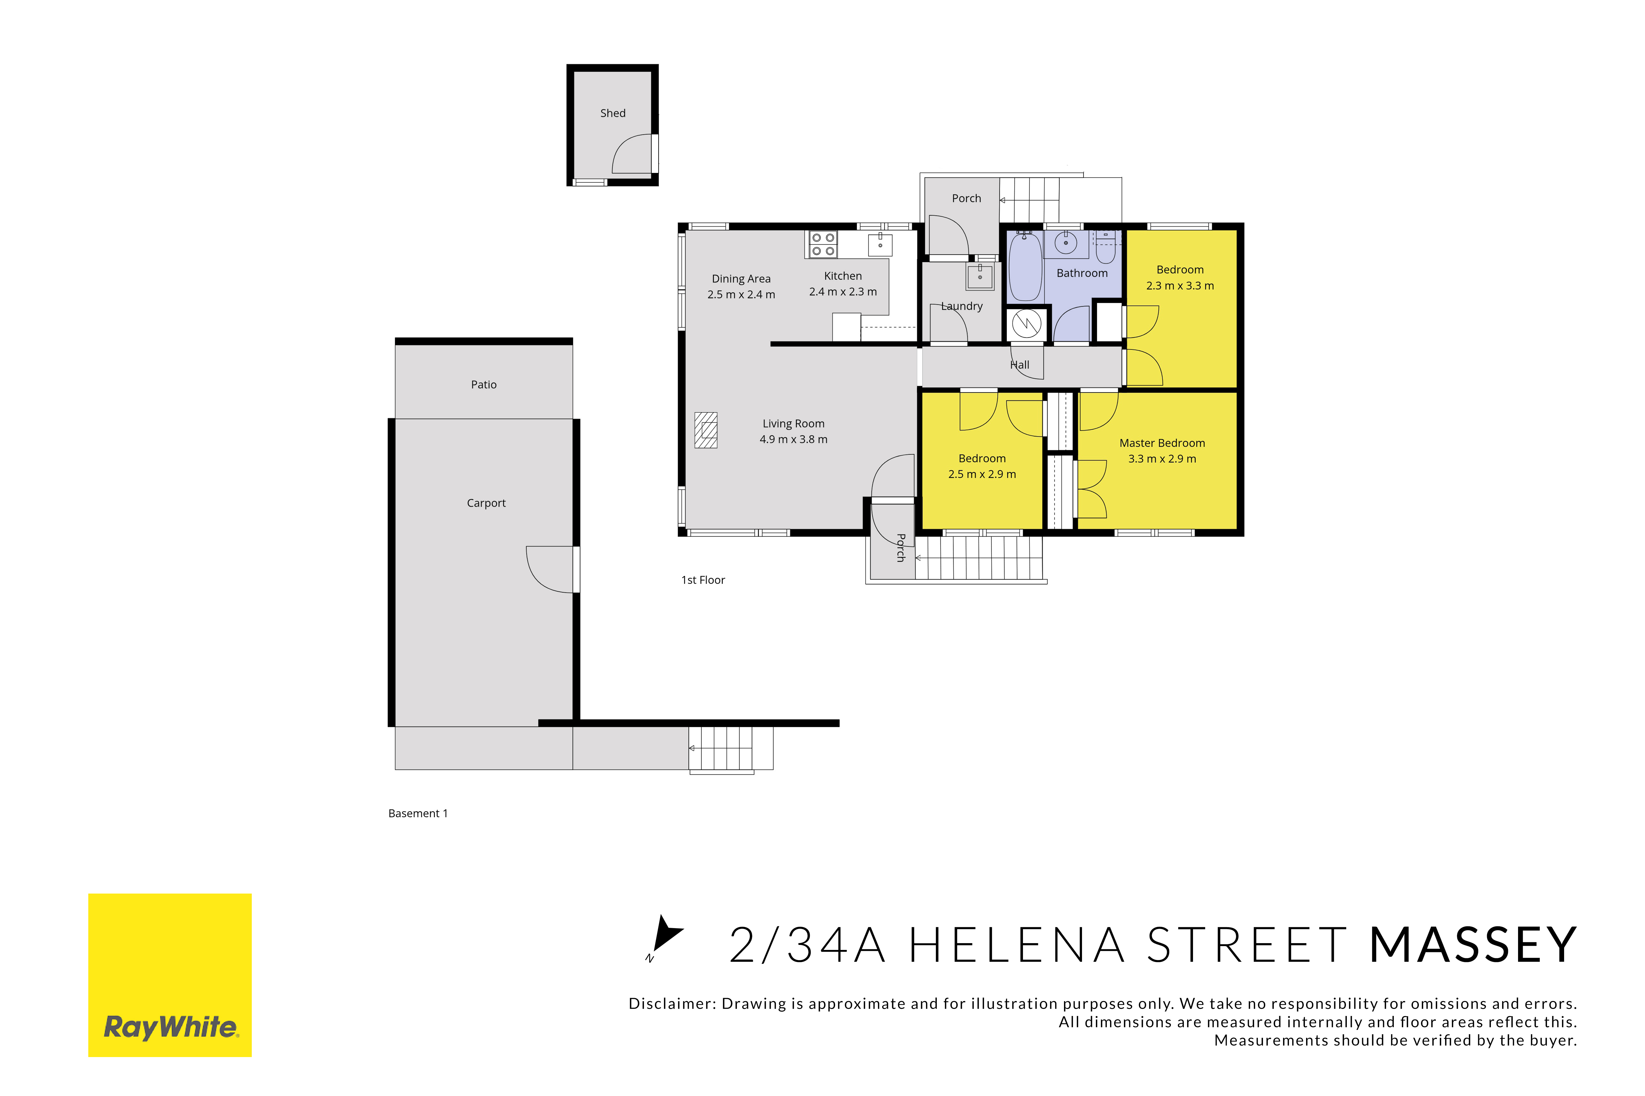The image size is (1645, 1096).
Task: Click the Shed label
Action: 612,113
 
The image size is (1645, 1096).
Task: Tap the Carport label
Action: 486,503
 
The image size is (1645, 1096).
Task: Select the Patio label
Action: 484,385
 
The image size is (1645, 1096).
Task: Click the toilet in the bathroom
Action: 1105,246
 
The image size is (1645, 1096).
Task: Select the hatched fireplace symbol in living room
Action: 705,430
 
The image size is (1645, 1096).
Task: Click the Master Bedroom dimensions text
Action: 1162,459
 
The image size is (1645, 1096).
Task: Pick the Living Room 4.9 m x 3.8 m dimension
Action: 794,439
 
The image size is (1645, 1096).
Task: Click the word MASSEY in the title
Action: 1472,945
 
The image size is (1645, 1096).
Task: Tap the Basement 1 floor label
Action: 418,814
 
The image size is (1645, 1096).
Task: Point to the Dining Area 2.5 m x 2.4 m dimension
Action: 741,294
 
